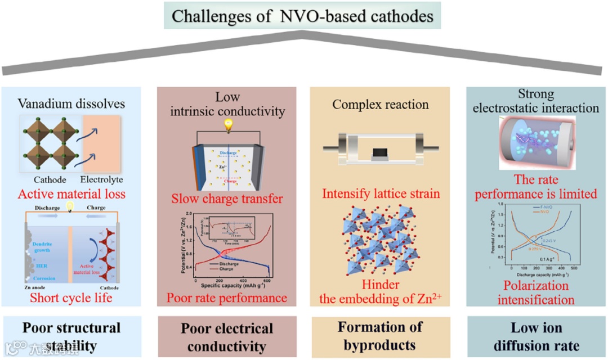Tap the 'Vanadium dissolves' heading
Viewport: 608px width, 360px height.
pyautogui.click(x=72, y=104)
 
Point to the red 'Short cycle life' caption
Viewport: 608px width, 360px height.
pyautogui.click(x=71, y=298)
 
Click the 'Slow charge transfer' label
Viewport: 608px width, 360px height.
pyautogui.click(x=227, y=199)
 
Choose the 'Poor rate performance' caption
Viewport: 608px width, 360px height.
pyautogui.click(x=227, y=298)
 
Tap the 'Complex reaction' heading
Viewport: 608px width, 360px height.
pyautogui.click(x=381, y=104)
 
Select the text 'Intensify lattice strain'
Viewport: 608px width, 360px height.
pyautogui.click(x=380, y=194)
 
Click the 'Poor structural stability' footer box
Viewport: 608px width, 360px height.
pyautogui.click(x=72, y=336)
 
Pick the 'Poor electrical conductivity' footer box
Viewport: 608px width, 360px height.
pyautogui.click(x=227, y=336)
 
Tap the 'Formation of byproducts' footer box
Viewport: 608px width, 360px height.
pyautogui.click(x=380, y=336)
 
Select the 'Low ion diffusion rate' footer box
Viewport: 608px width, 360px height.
pyautogui.click(x=537, y=336)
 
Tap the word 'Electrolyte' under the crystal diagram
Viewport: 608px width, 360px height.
pyautogui.click(x=101, y=180)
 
